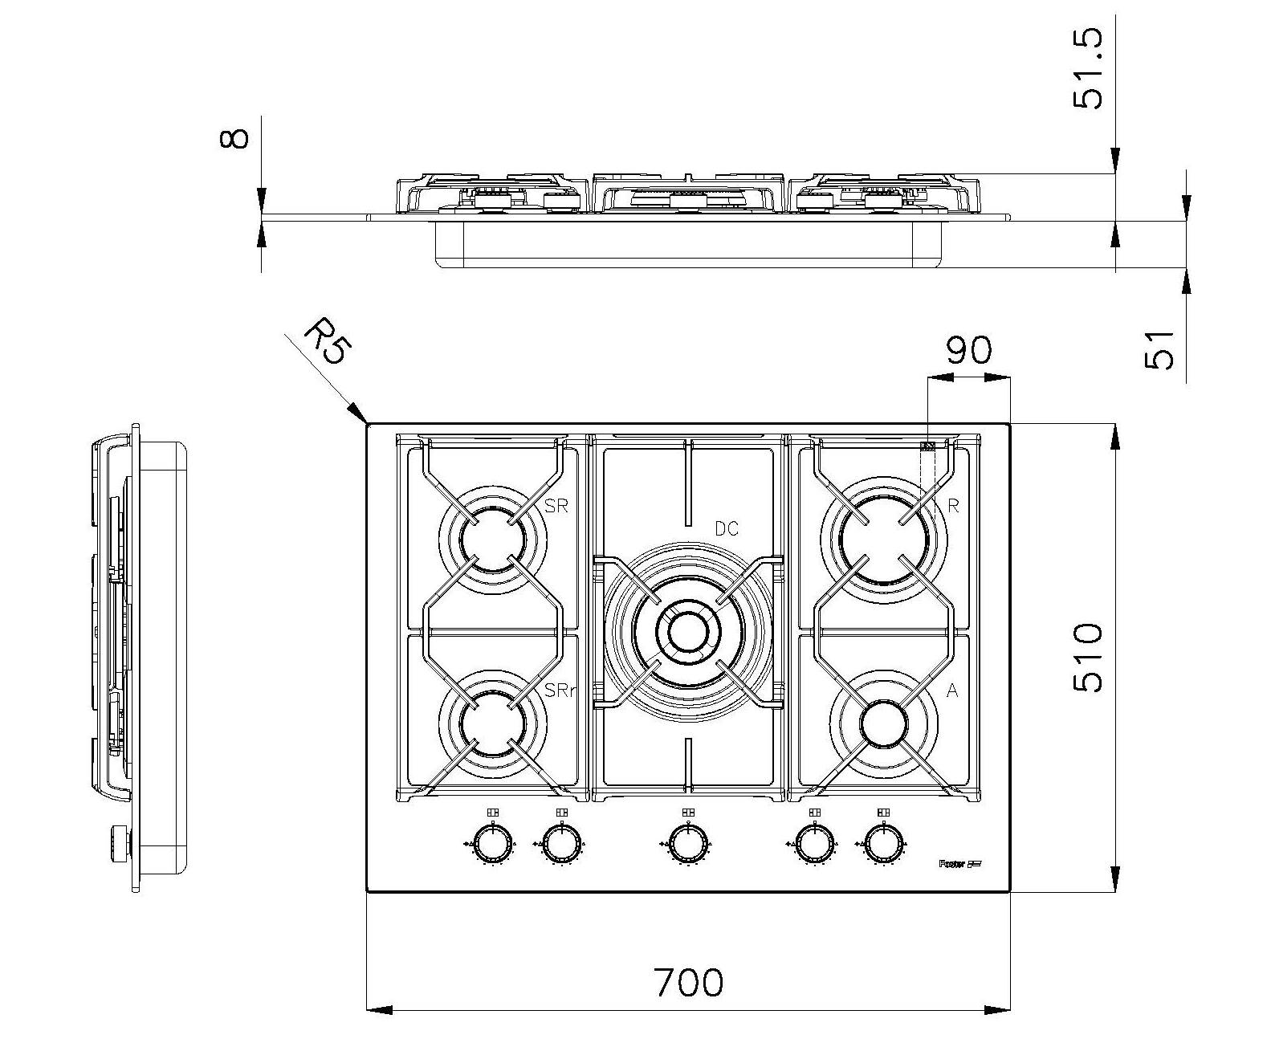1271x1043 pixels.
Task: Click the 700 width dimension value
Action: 688,982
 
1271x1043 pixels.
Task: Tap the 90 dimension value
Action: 968,350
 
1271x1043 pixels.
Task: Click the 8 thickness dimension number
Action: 234,138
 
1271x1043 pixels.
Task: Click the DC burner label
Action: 726,529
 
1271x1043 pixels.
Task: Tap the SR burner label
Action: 556,507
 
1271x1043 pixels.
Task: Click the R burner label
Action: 953,506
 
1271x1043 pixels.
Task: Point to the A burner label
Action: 952,691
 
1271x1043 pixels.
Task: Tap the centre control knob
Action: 686,844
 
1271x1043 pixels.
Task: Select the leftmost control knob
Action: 491,844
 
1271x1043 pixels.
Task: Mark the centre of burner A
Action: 882,723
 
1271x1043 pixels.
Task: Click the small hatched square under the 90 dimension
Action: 927,446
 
